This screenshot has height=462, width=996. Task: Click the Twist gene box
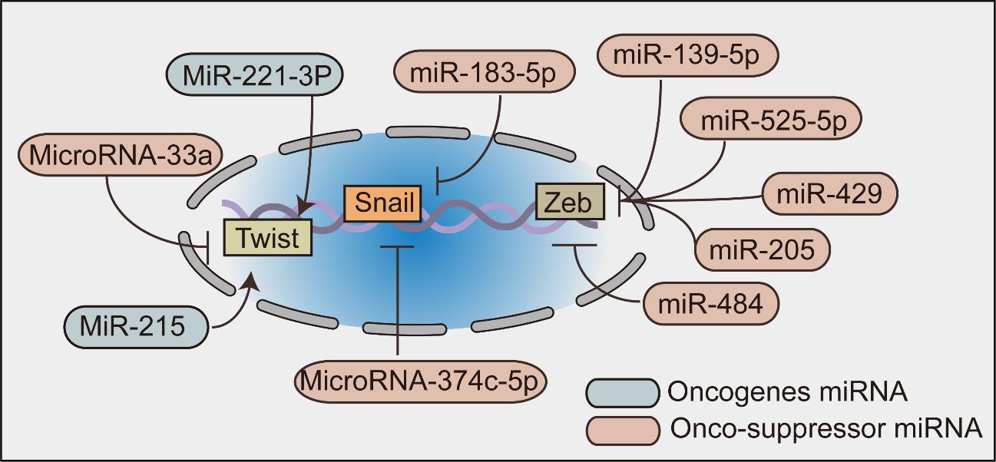coord(267,237)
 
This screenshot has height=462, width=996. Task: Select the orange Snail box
coord(382,203)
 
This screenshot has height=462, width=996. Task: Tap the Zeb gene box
coord(570,202)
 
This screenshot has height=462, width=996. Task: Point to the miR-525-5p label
coord(769,120)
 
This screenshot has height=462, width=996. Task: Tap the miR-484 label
coord(711,303)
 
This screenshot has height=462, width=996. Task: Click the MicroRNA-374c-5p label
coord(422,380)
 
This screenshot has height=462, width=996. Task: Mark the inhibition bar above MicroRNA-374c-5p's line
coord(397,246)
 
